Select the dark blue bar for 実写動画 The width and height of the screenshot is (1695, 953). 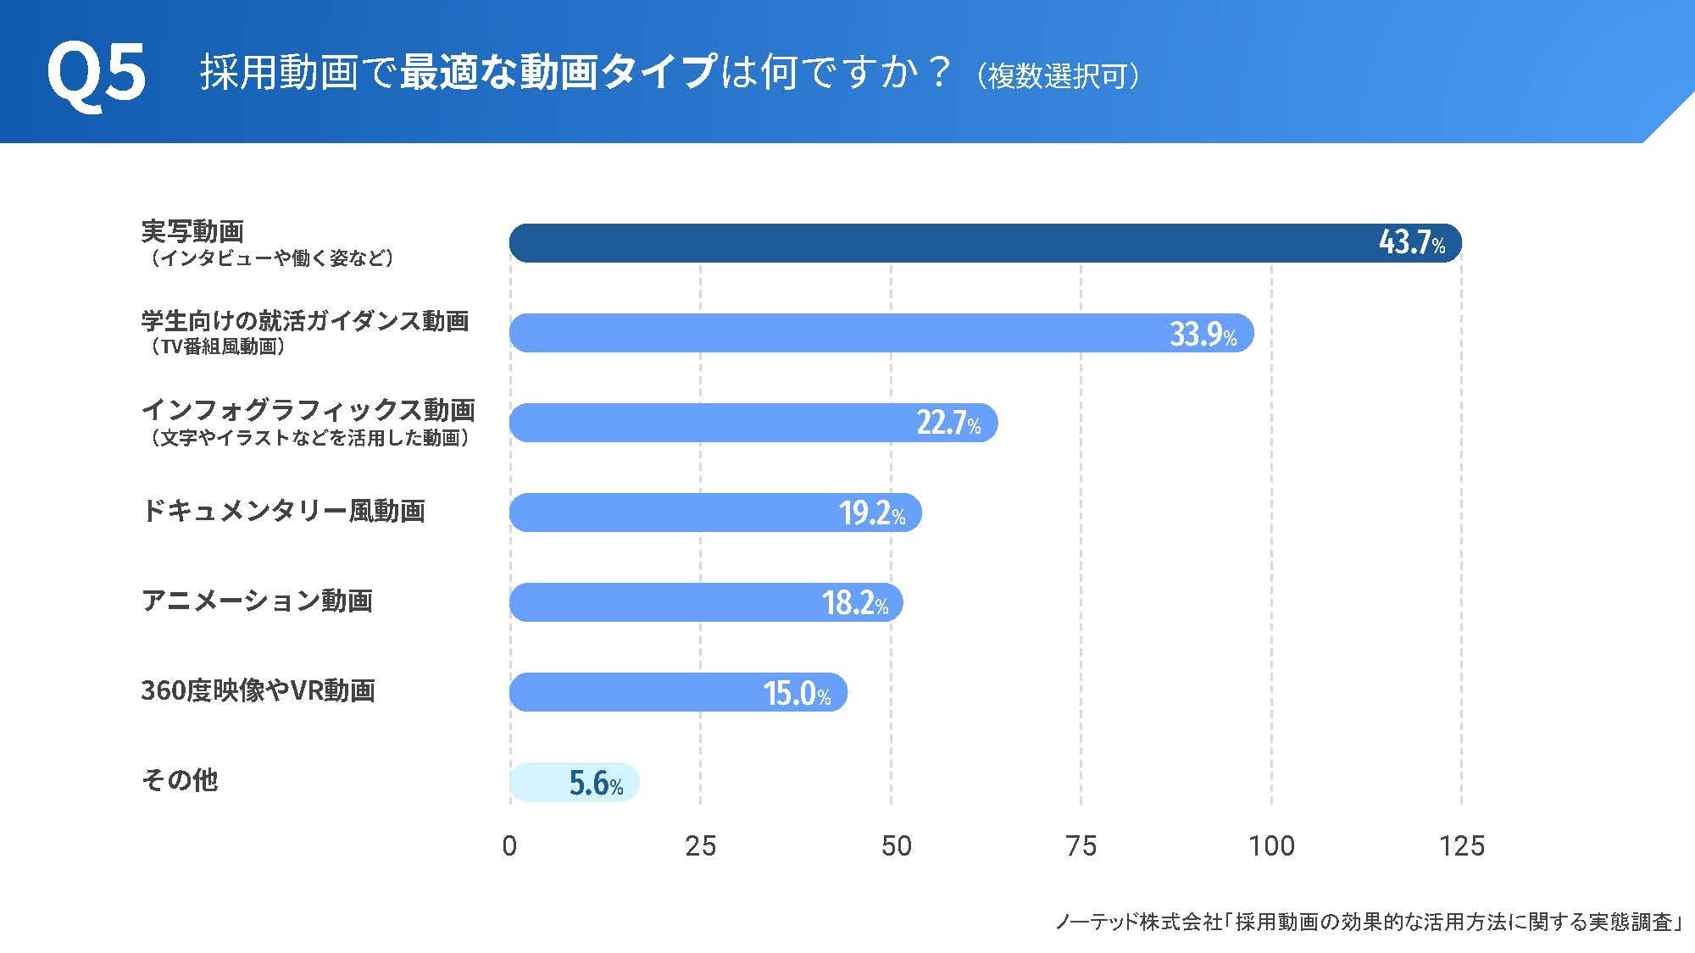pos(932,243)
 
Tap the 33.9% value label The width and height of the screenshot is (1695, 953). pos(1203,335)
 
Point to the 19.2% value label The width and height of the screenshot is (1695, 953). pos(872,513)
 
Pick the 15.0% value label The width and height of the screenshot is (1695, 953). pos(797,693)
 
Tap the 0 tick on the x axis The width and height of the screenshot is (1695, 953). pos(509,845)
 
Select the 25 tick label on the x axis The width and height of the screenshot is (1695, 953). pos(700,845)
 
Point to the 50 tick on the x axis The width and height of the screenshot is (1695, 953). pos(896,845)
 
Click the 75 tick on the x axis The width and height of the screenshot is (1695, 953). pos(1081,845)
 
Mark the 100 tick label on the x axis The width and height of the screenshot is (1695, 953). pos(1271,845)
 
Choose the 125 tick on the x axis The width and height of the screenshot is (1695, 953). pos(1461,845)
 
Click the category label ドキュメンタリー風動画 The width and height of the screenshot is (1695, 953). pos(283,511)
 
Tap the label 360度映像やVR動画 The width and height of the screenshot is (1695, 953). pos(258,690)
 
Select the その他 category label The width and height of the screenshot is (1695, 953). pos(180,779)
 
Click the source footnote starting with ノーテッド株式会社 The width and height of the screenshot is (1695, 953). pos(1368,922)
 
